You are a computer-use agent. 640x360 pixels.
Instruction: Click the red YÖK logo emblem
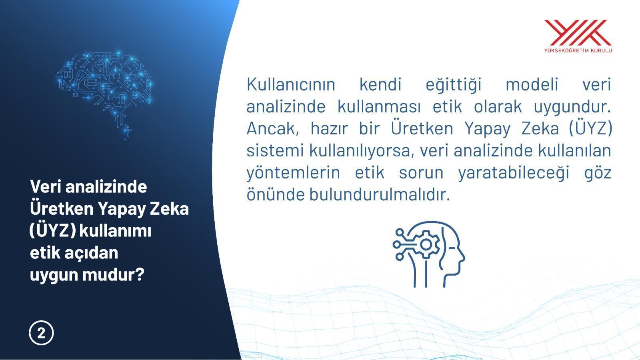tap(578, 32)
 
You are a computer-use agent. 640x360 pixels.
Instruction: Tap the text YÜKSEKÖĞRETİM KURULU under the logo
tap(578, 50)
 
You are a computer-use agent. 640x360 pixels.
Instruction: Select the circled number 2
tap(41, 333)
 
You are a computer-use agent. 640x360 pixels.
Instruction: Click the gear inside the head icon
tap(426, 244)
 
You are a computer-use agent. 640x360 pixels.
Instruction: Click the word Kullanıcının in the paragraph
tap(291, 84)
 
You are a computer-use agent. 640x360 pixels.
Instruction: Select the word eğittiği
tap(454, 84)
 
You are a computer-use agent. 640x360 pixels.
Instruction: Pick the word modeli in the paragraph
tap(532, 84)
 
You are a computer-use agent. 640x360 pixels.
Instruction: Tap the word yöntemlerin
tap(293, 173)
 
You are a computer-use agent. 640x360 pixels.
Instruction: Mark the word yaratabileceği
tap(513, 173)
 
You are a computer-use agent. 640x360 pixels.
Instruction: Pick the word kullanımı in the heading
tap(115, 231)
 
